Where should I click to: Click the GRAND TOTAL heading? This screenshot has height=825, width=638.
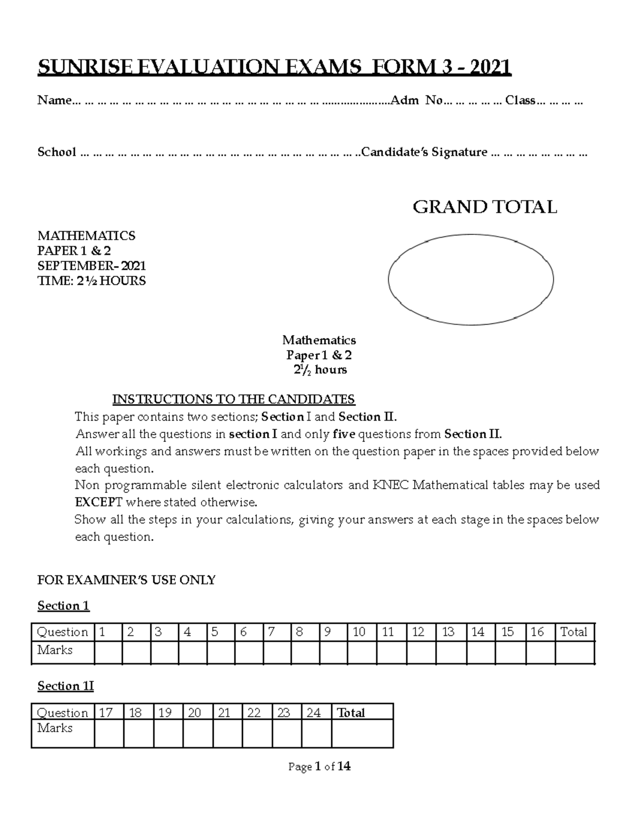click(x=484, y=207)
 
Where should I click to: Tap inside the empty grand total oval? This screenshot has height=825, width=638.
click(x=471, y=279)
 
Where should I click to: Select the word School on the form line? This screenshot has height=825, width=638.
click(x=56, y=152)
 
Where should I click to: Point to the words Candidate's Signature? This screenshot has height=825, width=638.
click(x=424, y=152)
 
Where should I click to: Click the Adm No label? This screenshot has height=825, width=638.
click(x=416, y=100)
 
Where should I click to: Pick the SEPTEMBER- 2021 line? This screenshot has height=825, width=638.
click(x=91, y=266)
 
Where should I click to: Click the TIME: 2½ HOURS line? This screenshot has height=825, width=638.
click(x=91, y=281)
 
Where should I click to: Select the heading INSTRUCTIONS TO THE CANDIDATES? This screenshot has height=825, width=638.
click(x=233, y=399)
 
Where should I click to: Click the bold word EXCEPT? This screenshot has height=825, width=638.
click(x=98, y=502)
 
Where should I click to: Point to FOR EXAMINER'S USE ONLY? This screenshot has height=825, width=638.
click(x=126, y=580)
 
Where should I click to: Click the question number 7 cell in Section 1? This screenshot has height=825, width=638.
click(x=277, y=632)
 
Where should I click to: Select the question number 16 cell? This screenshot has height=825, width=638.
click(x=540, y=632)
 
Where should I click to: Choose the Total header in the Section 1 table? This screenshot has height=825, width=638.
click(x=574, y=632)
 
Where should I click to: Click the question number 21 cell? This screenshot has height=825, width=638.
click(x=227, y=712)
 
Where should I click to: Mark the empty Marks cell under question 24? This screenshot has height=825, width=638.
click(x=316, y=733)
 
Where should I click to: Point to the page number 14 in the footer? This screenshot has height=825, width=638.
click(x=344, y=767)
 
